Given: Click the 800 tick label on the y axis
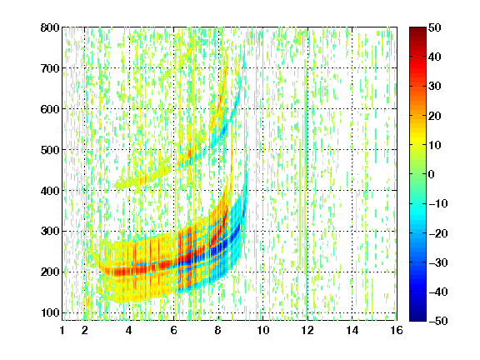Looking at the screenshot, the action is (50, 27).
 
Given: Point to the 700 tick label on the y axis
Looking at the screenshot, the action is (50, 68).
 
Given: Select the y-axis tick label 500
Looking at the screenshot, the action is (50, 150).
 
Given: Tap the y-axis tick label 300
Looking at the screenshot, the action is (50, 232).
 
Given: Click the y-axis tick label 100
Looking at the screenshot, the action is (50, 312).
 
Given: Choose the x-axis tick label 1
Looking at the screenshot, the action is (62, 330).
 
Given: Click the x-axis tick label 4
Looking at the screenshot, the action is (129, 330).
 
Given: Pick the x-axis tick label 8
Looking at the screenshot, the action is (217, 330).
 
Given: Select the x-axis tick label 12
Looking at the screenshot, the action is (307, 330).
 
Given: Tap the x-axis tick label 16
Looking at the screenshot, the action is (397, 330).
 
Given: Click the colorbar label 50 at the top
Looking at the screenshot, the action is (435, 27).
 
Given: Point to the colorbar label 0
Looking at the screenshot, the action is (432, 174).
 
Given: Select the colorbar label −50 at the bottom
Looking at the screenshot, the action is (438, 321).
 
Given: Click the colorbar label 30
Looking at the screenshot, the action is (435, 87).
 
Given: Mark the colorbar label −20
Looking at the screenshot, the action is (438, 233).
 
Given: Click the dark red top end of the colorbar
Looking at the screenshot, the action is (417, 29).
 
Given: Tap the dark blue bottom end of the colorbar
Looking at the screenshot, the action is (417, 319).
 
